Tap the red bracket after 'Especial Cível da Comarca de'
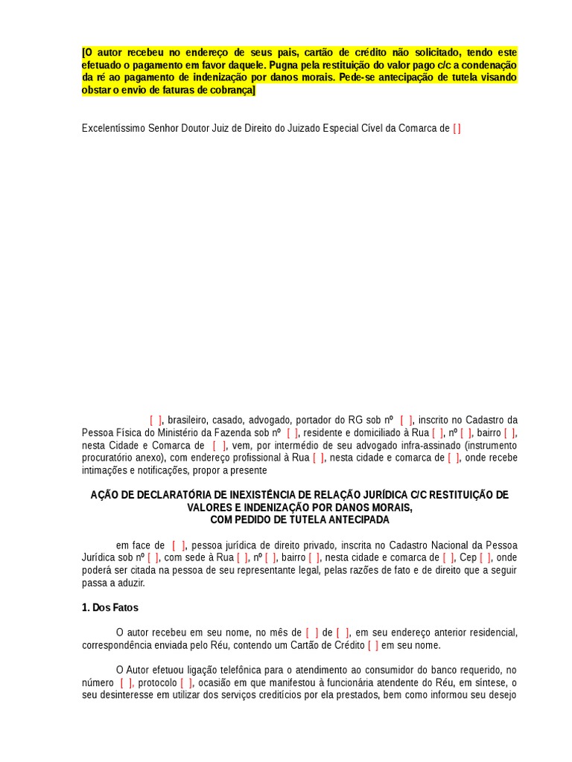[x=457, y=128]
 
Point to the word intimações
[x=104, y=470]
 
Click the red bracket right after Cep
[x=485, y=557]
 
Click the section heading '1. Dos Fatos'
[x=109, y=608]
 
